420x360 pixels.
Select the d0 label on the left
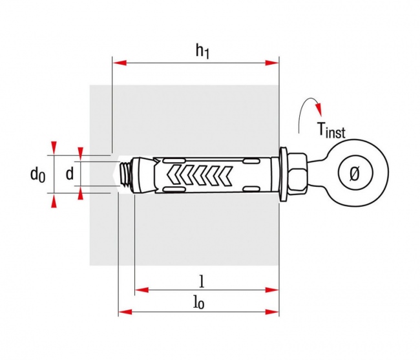tap(37, 173)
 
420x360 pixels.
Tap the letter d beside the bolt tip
tap(69, 173)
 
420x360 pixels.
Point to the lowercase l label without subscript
tap(202, 281)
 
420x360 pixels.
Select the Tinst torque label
tap(330, 131)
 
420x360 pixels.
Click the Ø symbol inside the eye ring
tap(353, 173)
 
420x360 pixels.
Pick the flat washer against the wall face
tap(284, 173)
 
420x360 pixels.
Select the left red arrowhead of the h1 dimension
tap(117, 63)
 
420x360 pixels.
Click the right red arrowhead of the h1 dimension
tap(275, 63)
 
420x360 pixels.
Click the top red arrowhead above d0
tap(54, 147)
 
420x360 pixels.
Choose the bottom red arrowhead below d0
tap(54, 201)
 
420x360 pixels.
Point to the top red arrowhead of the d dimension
tap(80, 153)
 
